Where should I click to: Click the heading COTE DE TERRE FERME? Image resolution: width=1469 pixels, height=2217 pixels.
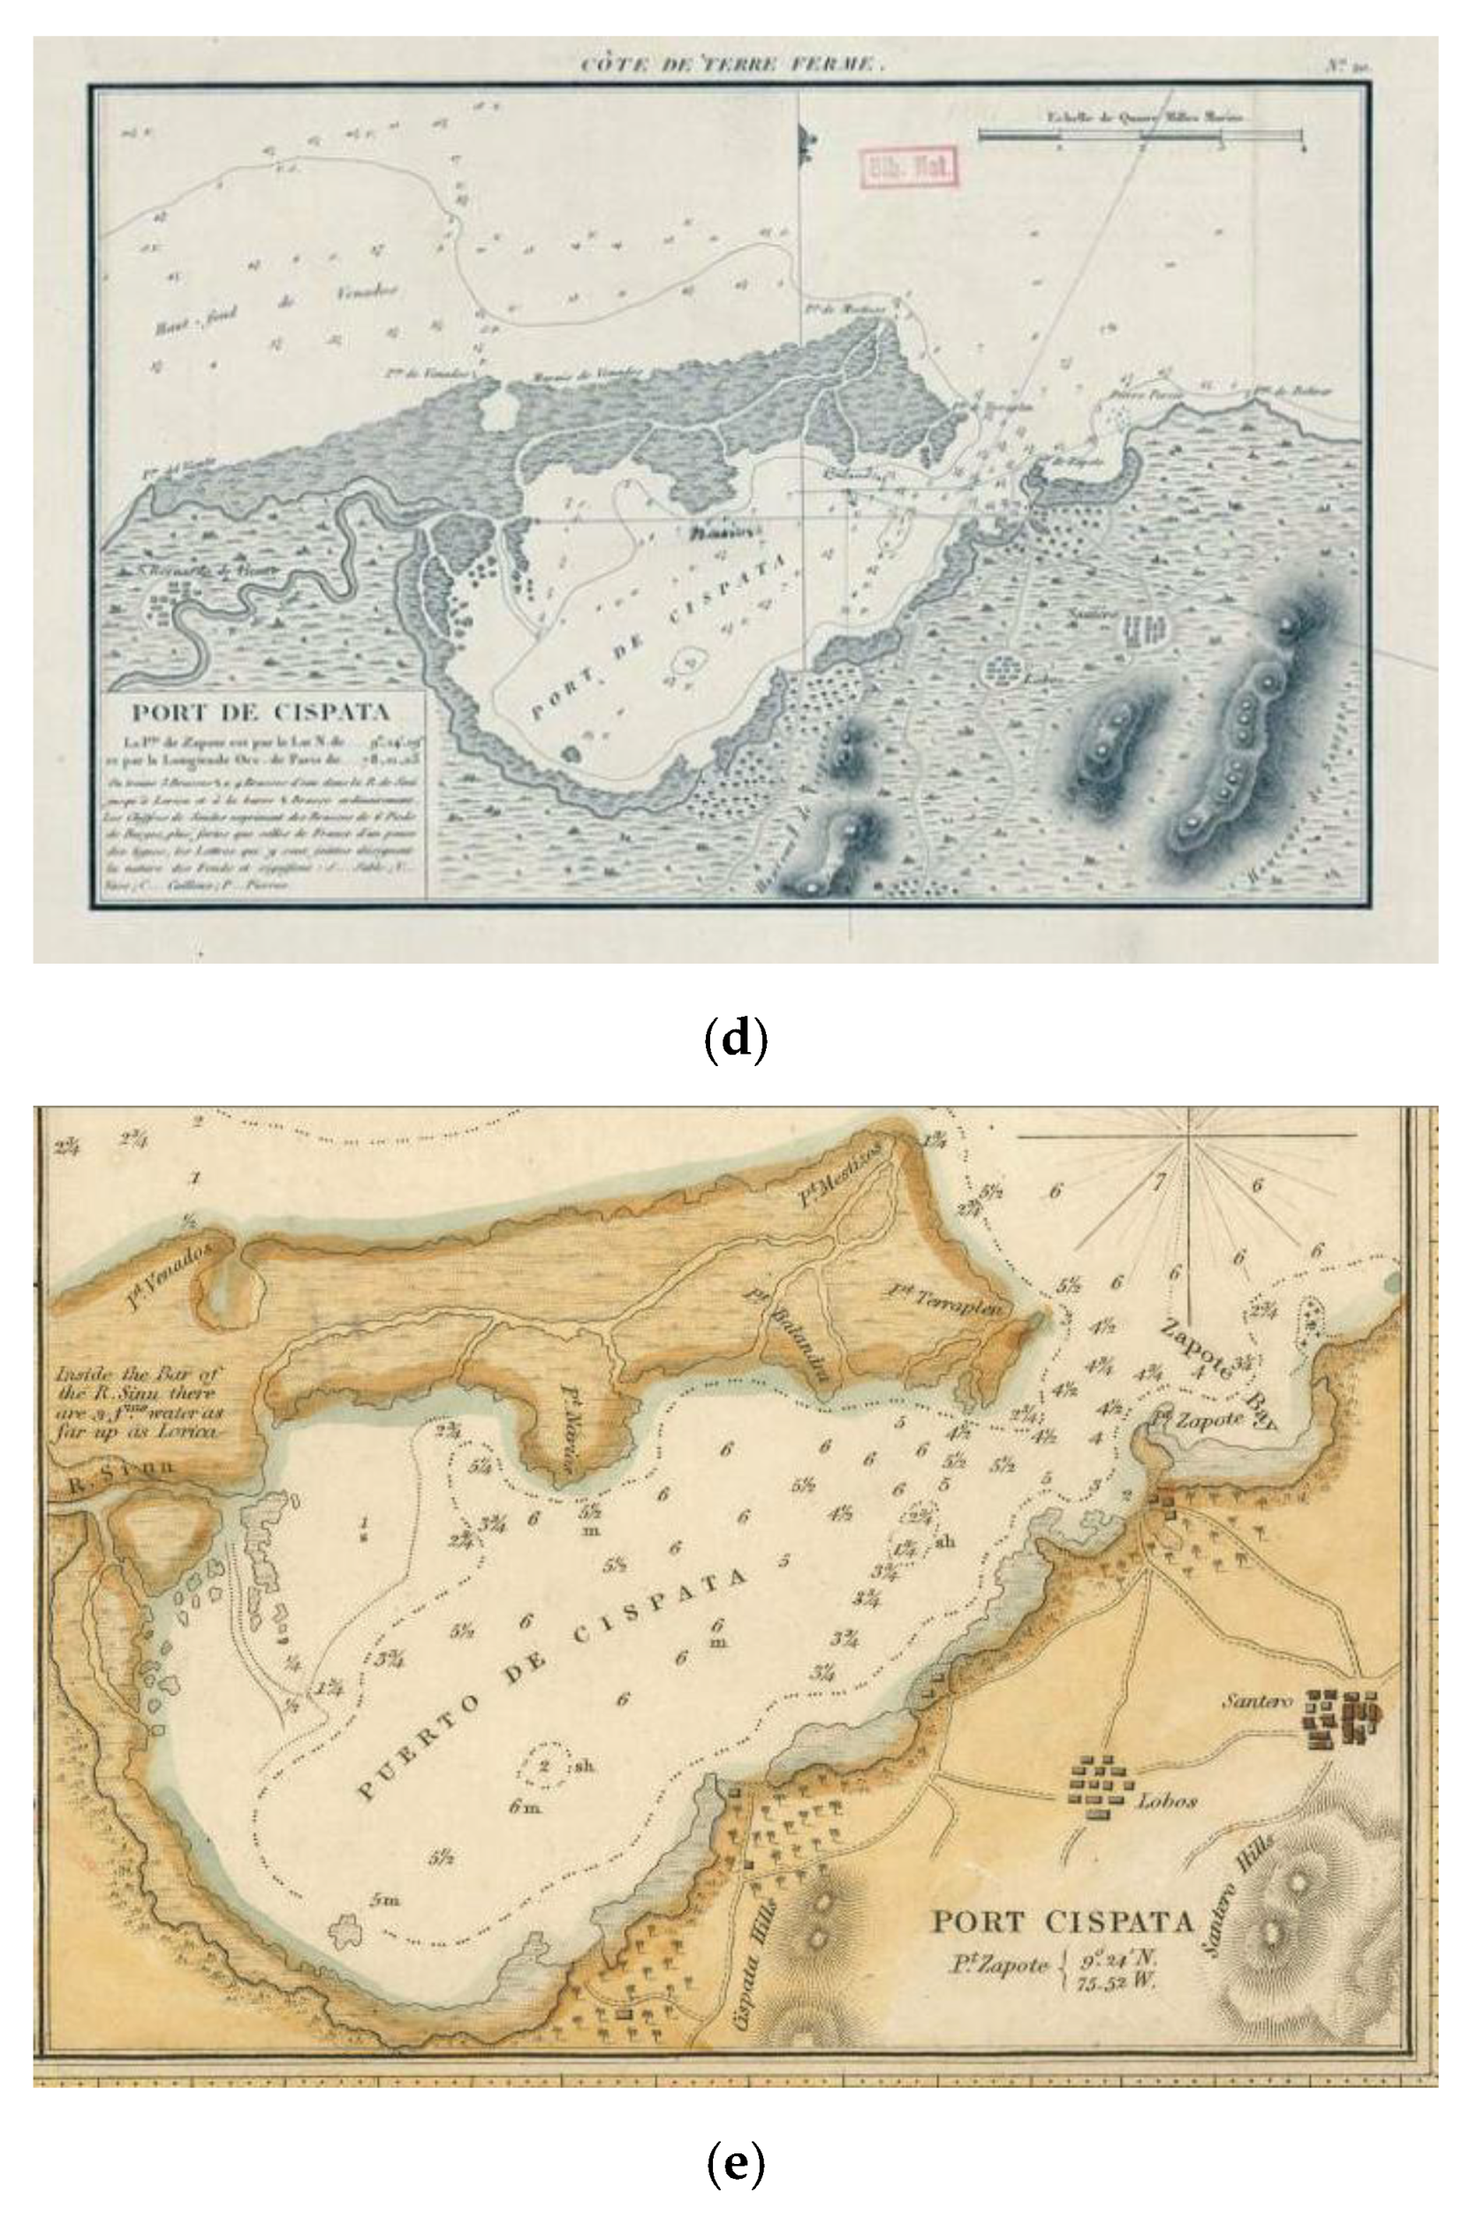click(731, 64)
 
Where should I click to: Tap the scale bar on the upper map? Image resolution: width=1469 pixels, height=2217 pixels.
click(1140, 137)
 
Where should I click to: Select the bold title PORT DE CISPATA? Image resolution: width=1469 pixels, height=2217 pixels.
click(261, 712)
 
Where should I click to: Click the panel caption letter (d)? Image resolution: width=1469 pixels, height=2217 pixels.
click(735, 1040)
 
